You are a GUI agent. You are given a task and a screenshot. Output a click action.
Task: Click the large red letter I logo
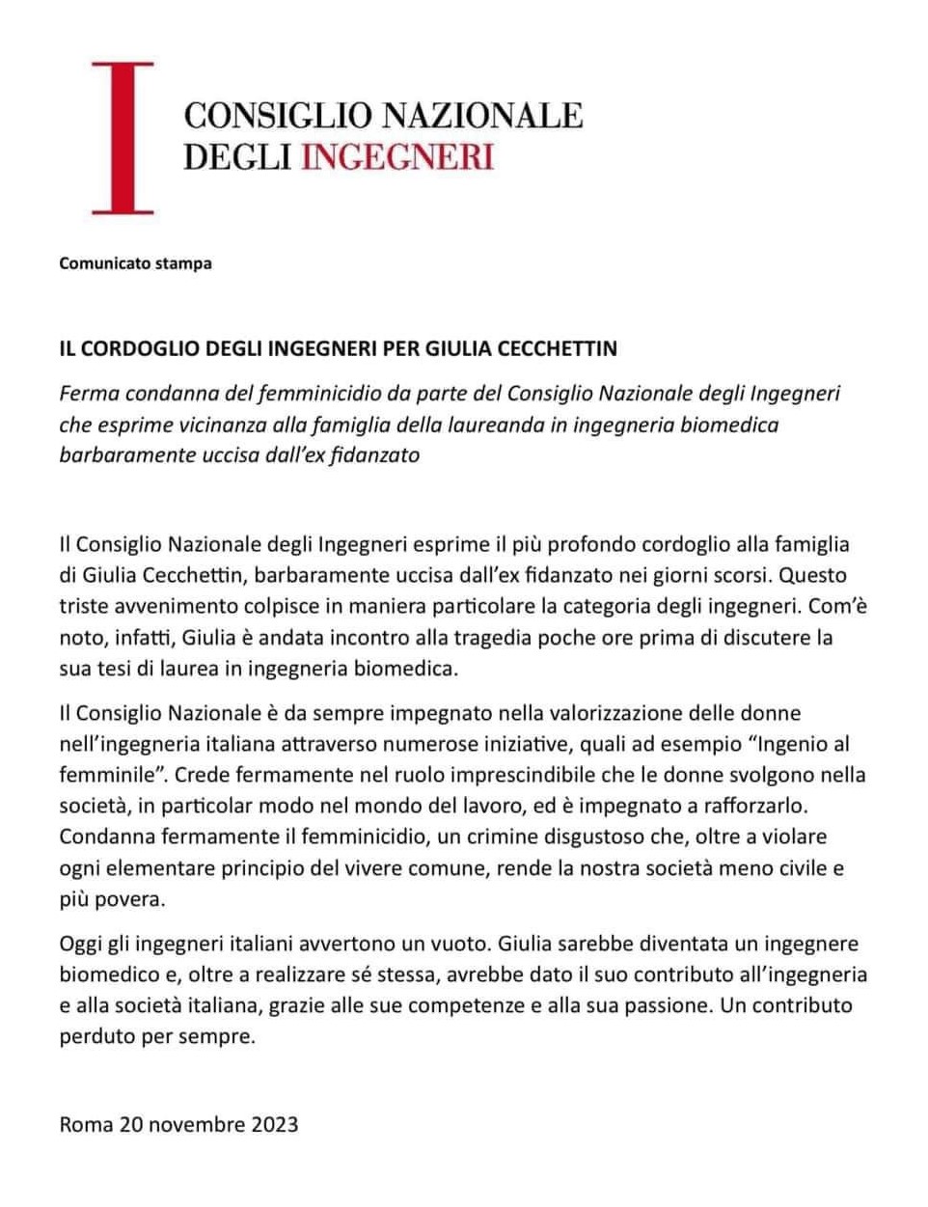point(123,137)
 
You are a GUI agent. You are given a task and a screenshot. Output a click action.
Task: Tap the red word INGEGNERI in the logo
point(396,156)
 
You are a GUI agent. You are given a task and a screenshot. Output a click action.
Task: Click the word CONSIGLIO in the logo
point(278,116)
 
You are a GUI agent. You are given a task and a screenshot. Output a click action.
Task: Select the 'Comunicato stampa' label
point(135,263)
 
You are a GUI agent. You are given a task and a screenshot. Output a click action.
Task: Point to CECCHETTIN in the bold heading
point(558,348)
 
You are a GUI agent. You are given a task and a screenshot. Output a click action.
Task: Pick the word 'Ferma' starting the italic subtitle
point(87,394)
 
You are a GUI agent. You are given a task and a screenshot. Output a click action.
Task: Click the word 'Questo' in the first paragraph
point(813,576)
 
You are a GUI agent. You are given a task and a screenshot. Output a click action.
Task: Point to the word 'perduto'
point(96,1037)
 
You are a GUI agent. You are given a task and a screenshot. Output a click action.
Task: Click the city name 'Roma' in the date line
point(85,1124)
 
